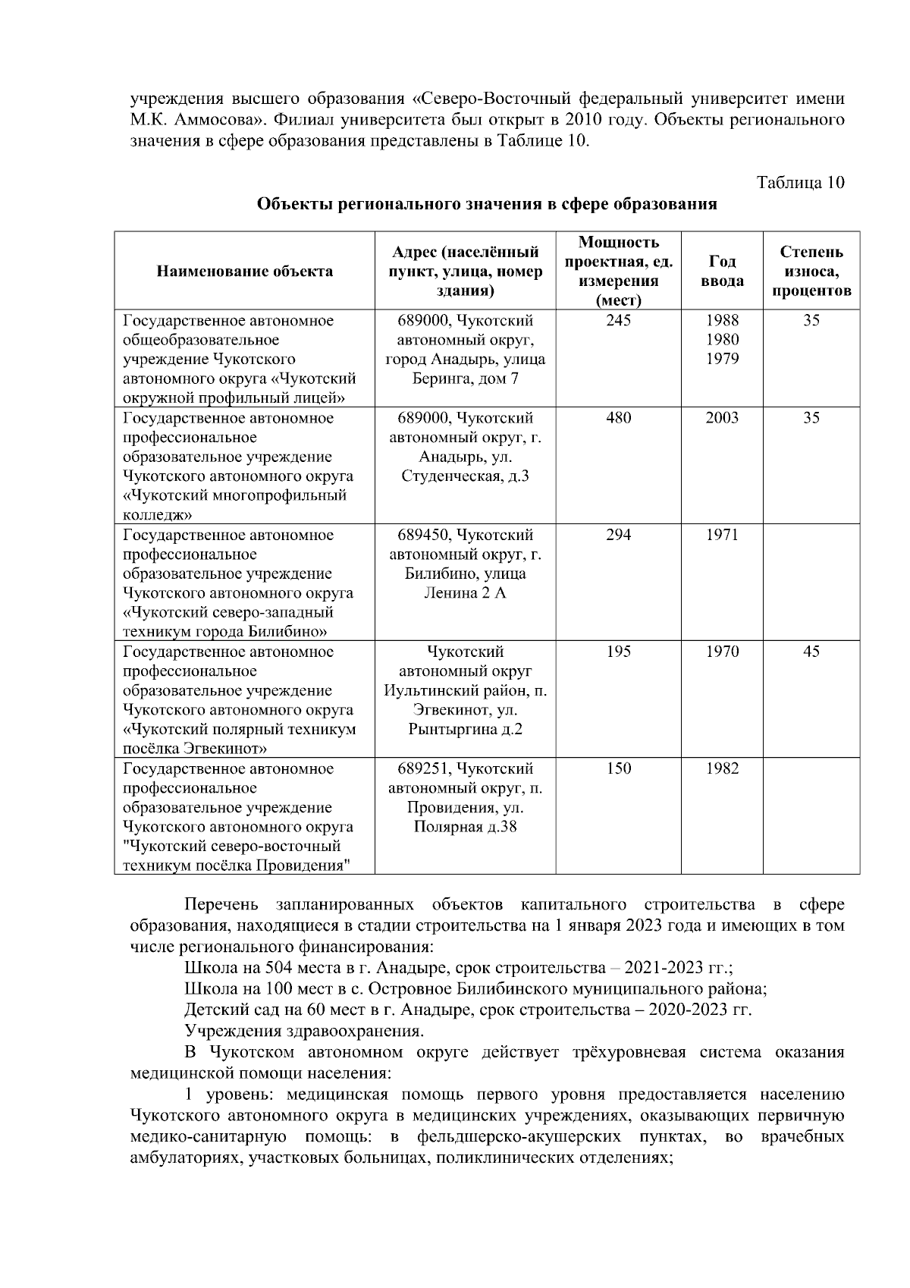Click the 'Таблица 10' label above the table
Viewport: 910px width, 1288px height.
tap(800, 183)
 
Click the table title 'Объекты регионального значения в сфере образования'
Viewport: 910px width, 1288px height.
tap(487, 204)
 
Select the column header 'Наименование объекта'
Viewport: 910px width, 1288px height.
tap(244, 271)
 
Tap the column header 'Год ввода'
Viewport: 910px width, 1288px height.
tap(721, 271)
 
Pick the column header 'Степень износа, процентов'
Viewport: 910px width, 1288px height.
tap(811, 271)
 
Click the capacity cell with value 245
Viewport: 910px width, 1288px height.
tap(618, 321)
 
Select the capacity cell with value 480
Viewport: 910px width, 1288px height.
tap(618, 418)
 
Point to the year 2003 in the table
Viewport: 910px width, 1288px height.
tap(721, 418)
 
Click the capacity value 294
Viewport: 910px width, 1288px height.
tap(618, 535)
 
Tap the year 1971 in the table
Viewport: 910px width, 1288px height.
tap(721, 535)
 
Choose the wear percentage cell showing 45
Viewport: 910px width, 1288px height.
tap(811, 652)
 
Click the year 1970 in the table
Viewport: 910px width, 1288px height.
tap(721, 652)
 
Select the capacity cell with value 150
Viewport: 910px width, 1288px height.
tap(618, 768)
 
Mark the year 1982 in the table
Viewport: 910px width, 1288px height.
tap(721, 768)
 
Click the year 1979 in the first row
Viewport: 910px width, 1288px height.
tap(721, 359)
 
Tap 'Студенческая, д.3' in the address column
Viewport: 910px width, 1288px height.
tap(465, 476)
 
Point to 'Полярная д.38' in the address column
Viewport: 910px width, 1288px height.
tap(465, 827)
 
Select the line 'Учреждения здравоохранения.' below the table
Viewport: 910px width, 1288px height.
tap(304, 1032)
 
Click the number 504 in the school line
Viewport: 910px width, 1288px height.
tap(278, 969)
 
